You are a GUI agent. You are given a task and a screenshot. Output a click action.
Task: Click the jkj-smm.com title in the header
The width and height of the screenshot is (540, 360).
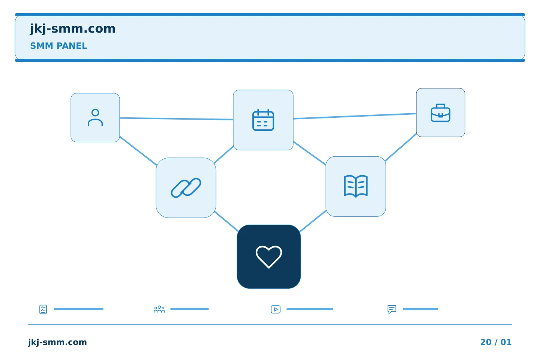click(x=73, y=29)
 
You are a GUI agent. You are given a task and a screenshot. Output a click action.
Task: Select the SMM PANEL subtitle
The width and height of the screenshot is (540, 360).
click(x=58, y=46)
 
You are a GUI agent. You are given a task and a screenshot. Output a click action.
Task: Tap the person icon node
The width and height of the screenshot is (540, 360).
click(x=95, y=118)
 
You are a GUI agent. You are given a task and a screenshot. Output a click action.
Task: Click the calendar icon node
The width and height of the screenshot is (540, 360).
click(x=263, y=120)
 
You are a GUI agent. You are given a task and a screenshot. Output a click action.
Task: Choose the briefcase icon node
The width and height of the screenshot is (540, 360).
click(x=441, y=112)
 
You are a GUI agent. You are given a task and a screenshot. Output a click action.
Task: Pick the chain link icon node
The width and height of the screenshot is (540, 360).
click(x=186, y=188)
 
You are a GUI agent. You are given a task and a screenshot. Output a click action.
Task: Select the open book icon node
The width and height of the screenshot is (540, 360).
click(x=356, y=186)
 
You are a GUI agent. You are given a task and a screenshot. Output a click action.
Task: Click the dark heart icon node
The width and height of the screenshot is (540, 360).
click(x=269, y=256)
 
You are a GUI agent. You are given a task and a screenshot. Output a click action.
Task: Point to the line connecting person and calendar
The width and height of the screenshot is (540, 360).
click(x=177, y=118)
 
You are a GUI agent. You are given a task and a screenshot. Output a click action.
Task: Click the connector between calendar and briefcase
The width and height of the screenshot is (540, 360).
click(x=355, y=116)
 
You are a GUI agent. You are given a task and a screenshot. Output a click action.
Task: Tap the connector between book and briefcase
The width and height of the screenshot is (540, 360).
click(x=400, y=147)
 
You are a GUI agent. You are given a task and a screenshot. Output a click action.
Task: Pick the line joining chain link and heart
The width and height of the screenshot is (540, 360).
click(x=226, y=221)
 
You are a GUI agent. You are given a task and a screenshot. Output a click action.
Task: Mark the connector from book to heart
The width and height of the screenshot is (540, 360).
click(x=313, y=221)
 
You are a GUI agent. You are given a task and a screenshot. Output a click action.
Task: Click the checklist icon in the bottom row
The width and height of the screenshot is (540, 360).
click(x=43, y=309)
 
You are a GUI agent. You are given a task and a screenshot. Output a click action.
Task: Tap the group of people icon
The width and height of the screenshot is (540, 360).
click(x=159, y=309)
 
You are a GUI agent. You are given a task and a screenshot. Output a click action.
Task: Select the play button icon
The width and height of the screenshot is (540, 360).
click(x=276, y=309)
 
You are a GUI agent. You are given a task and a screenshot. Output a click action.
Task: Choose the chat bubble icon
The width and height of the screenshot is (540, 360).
click(x=392, y=309)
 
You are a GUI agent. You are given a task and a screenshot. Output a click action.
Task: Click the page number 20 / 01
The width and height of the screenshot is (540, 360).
click(x=496, y=342)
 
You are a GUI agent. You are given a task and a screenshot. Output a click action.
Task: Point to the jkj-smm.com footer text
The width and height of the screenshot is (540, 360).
click(x=57, y=342)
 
